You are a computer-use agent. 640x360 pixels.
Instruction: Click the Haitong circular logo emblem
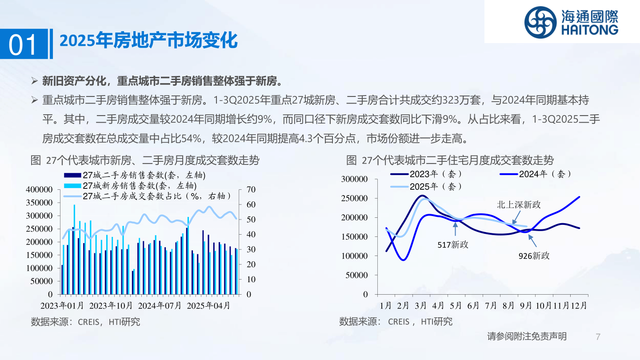(x=540, y=23)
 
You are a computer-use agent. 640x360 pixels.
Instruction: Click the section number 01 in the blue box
(x=23, y=45)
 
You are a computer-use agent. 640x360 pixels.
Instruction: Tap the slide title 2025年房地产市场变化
(x=148, y=40)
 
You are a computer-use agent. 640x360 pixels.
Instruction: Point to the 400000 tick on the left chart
(x=39, y=189)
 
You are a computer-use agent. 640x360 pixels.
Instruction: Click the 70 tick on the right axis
(x=251, y=189)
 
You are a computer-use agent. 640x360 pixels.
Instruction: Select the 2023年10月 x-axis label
(x=111, y=306)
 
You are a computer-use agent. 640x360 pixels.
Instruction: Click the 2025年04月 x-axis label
(x=208, y=306)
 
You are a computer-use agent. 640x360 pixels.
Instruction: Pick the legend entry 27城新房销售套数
(x=130, y=186)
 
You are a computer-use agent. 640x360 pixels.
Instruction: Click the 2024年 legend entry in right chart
(x=535, y=174)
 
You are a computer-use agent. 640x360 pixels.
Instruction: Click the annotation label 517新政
(x=453, y=244)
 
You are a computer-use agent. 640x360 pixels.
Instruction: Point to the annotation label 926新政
(x=534, y=256)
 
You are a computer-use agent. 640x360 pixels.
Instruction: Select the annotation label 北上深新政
(x=519, y=204)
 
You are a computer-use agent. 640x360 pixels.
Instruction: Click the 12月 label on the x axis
(x=579, y=306)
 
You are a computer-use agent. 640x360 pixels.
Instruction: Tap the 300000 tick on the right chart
(x=354, y=179)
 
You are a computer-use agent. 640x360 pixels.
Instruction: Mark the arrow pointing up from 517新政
(x=456, y=229)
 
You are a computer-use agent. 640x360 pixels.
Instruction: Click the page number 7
(x=598, y=336)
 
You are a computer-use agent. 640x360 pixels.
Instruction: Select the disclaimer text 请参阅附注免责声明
(x=527, y=336)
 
